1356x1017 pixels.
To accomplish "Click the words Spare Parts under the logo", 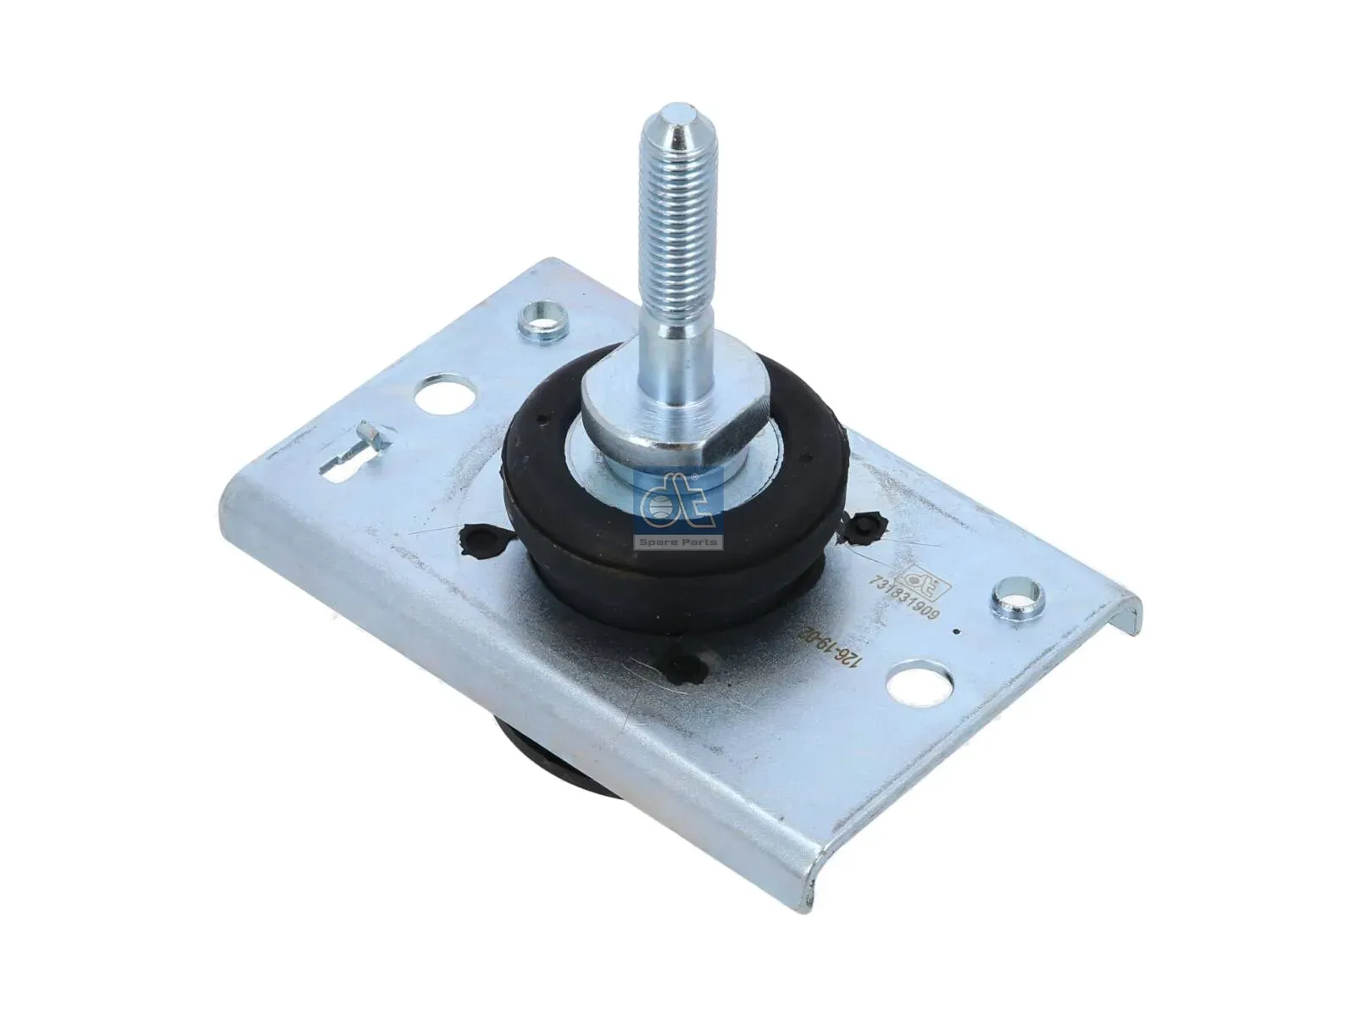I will [x=677, y=542].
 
